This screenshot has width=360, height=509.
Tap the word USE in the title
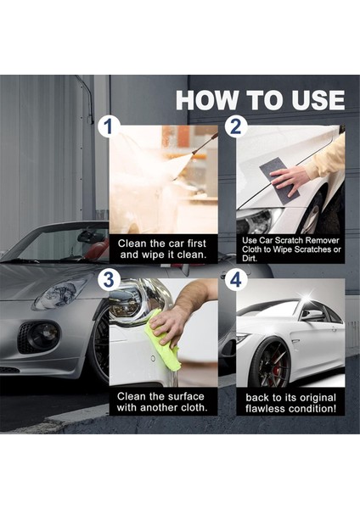[x=318, y=100]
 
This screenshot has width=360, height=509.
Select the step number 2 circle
[x=236, y=126]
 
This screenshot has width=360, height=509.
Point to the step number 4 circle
[x=236, y=279]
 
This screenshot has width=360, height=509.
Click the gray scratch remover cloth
[x=278, y=180]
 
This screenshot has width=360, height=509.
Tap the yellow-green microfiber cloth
[x=161, y=342]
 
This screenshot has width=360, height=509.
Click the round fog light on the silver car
[x=46, y=334]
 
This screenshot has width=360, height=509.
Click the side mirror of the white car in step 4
[x=312, y=315]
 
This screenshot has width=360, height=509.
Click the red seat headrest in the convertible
[x=98, y=248]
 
